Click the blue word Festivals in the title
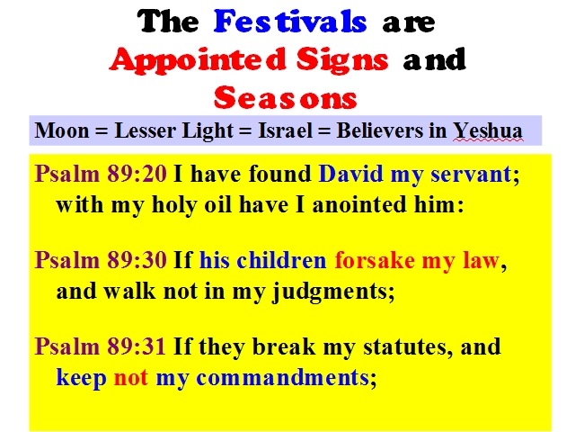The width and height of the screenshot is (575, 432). [x=290, y=22]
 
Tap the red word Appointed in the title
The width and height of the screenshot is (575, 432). [x=198, y=60]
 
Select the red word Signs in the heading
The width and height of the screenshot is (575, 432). [x=342, y=60]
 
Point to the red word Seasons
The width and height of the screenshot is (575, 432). [x=286, y=97]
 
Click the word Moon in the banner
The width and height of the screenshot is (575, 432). [x=62, y=130]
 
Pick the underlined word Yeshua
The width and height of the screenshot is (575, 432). [x=488, y=131]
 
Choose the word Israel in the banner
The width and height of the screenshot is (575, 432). [x=286, y=130]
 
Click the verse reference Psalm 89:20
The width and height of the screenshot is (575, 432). [x=101, y=174]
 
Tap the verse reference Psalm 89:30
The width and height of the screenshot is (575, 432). [x=101, y=260]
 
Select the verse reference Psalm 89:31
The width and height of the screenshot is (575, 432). [x=100, y=346]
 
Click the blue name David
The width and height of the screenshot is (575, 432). [x=351, y=174]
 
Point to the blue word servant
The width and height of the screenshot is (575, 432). [x=471, y=174]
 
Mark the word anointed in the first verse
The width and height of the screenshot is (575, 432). [x=359, y=204]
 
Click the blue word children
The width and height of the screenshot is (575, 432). [x=281, y=260]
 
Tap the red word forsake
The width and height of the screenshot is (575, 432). [x=375, y=260]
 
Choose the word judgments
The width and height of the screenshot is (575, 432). [x=330, y=292]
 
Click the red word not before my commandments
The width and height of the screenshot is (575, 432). [x=131, y=378]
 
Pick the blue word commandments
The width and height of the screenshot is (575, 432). [x=282, y=377]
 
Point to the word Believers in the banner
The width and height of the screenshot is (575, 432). [x=379, y=130]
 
